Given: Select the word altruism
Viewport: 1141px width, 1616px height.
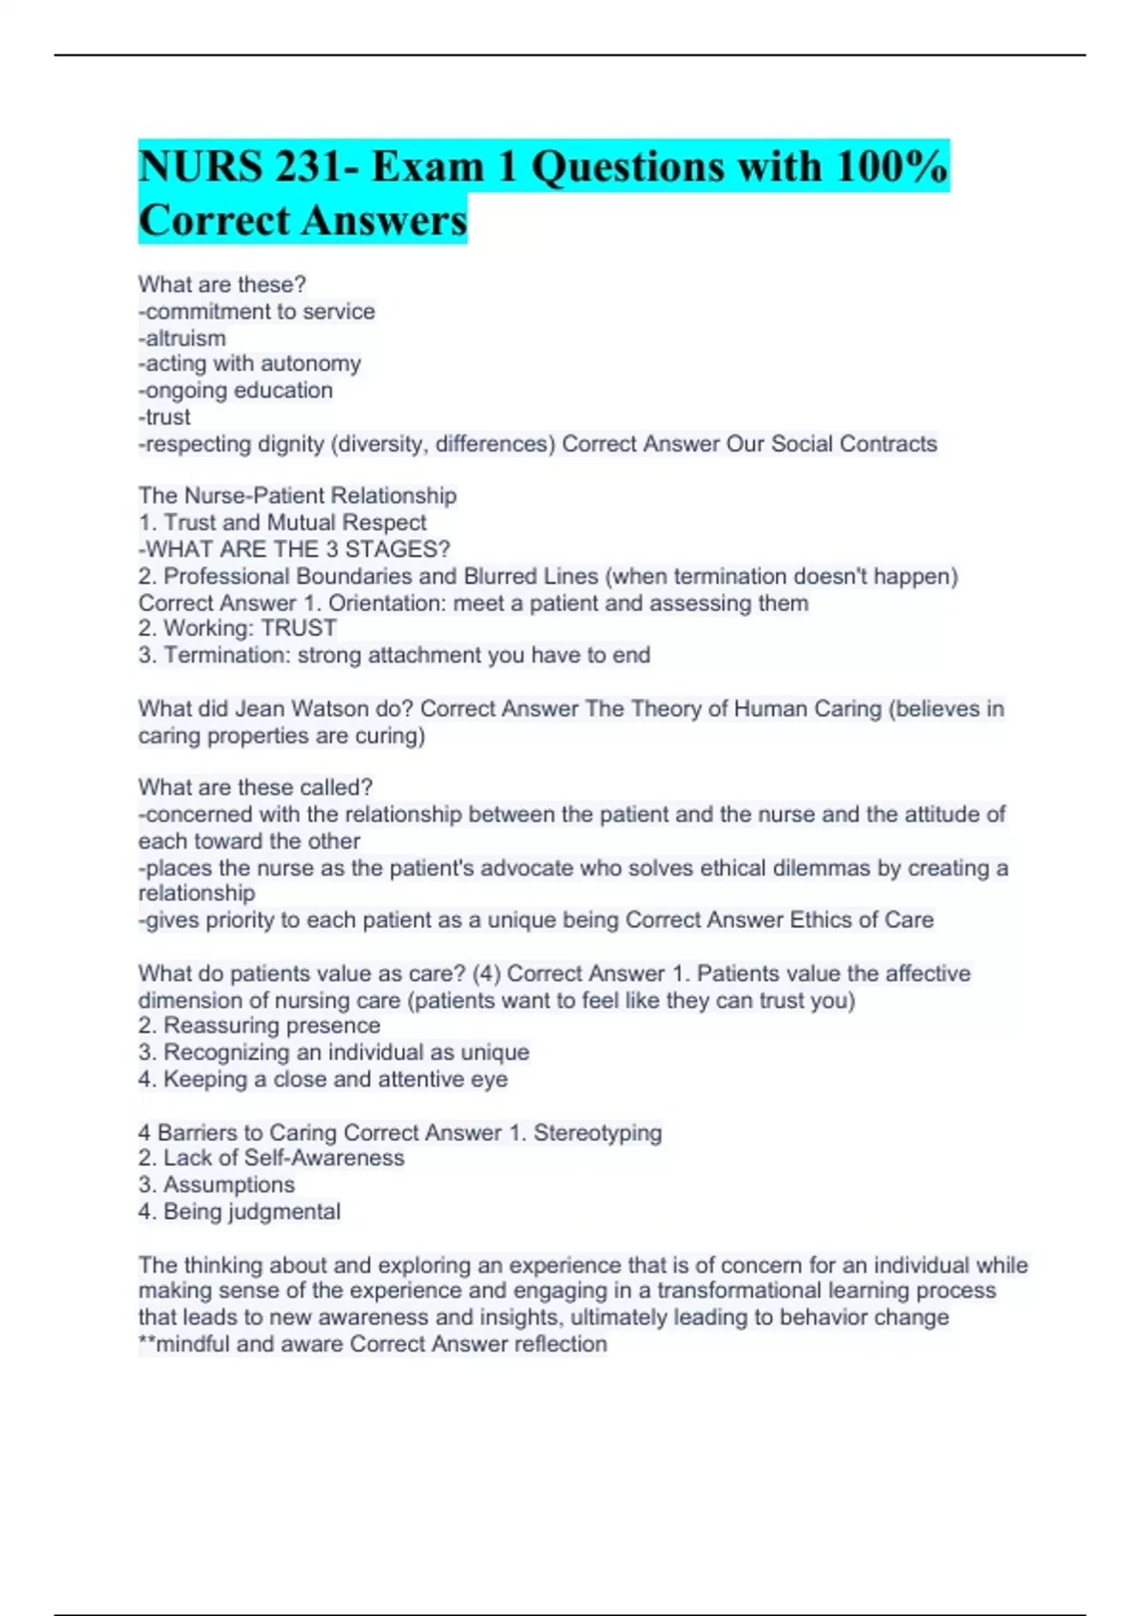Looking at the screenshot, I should pos(185,337).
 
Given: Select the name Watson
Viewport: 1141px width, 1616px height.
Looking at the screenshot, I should pos(376,709).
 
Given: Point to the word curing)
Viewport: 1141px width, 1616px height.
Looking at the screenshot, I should pos(390,736).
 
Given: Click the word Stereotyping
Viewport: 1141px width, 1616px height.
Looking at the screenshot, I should pos(597,1133).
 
